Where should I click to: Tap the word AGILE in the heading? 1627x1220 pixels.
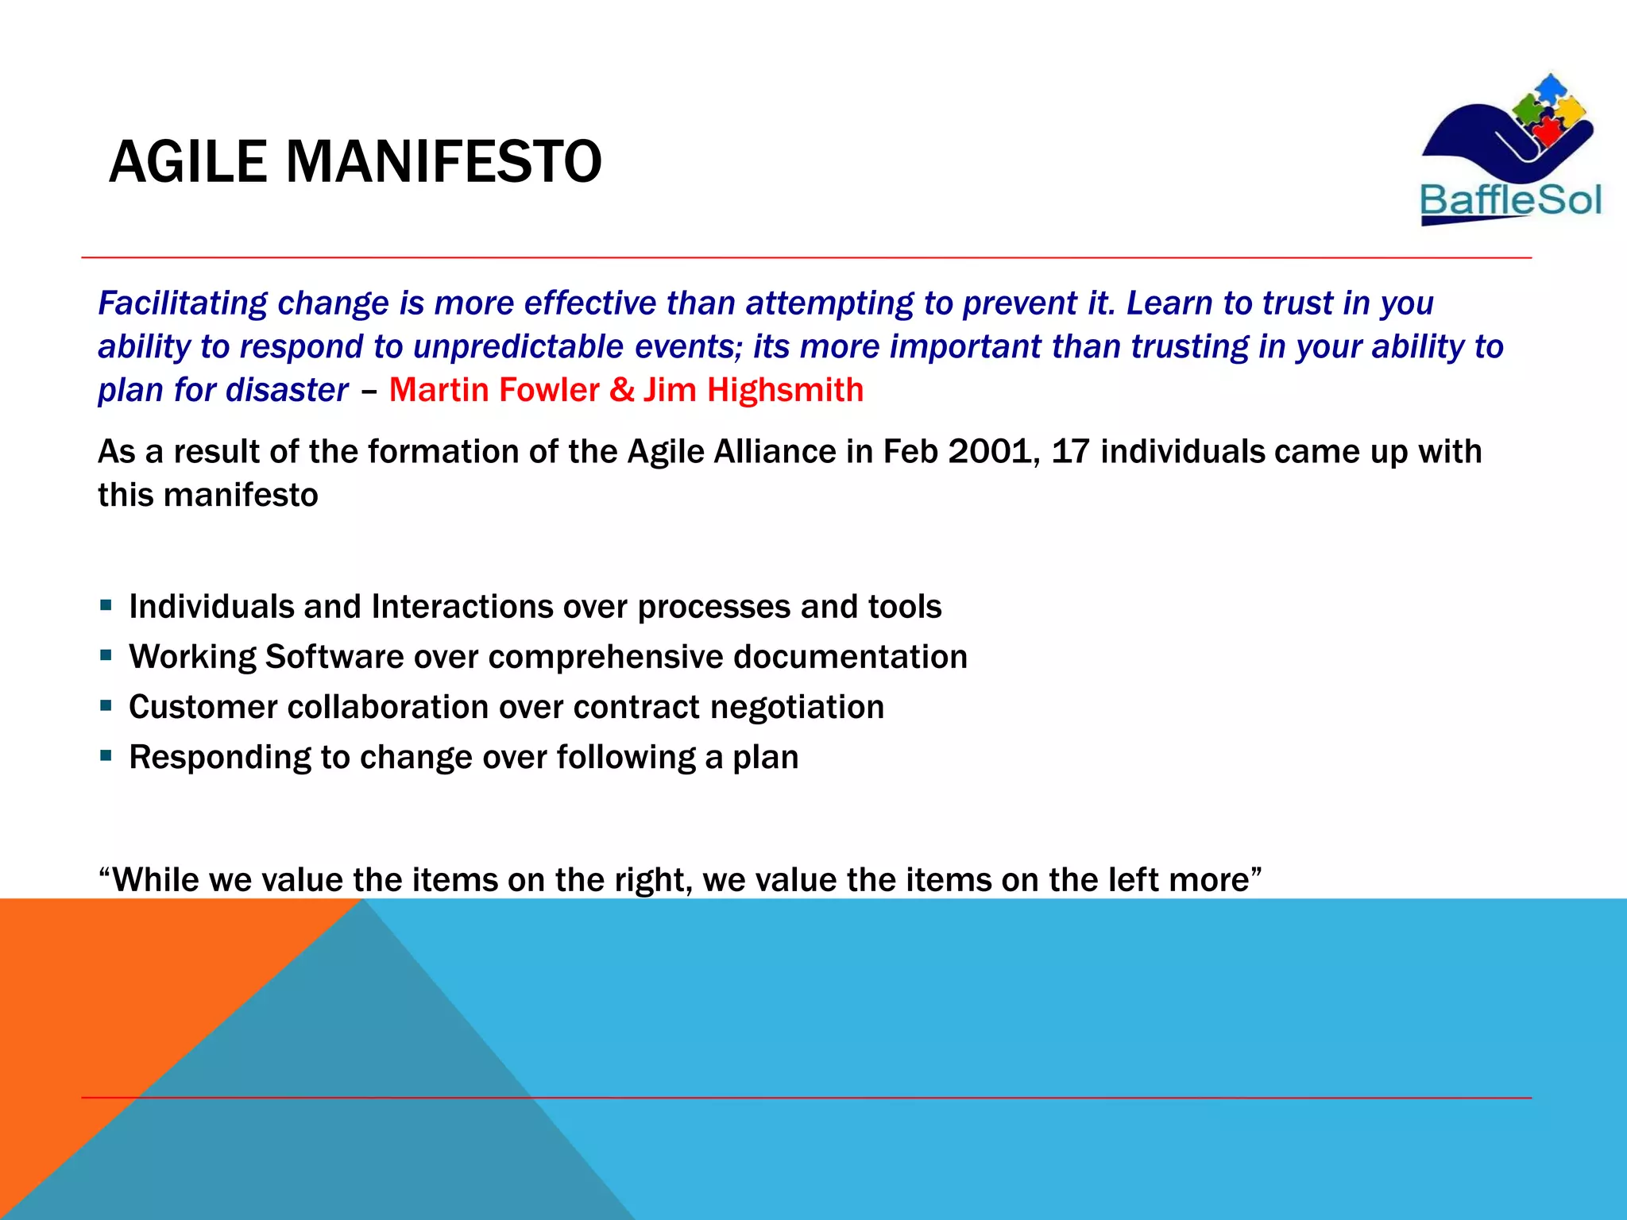click(187, 162)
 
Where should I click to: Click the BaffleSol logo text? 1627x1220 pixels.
click(1510, 200)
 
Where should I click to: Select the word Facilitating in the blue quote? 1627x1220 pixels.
click(183, 303)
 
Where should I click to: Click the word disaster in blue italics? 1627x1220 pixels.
click(287, 390)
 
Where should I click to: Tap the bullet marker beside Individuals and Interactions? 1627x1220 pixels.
click(106, 605)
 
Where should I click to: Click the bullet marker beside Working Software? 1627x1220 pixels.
click(106, 656)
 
